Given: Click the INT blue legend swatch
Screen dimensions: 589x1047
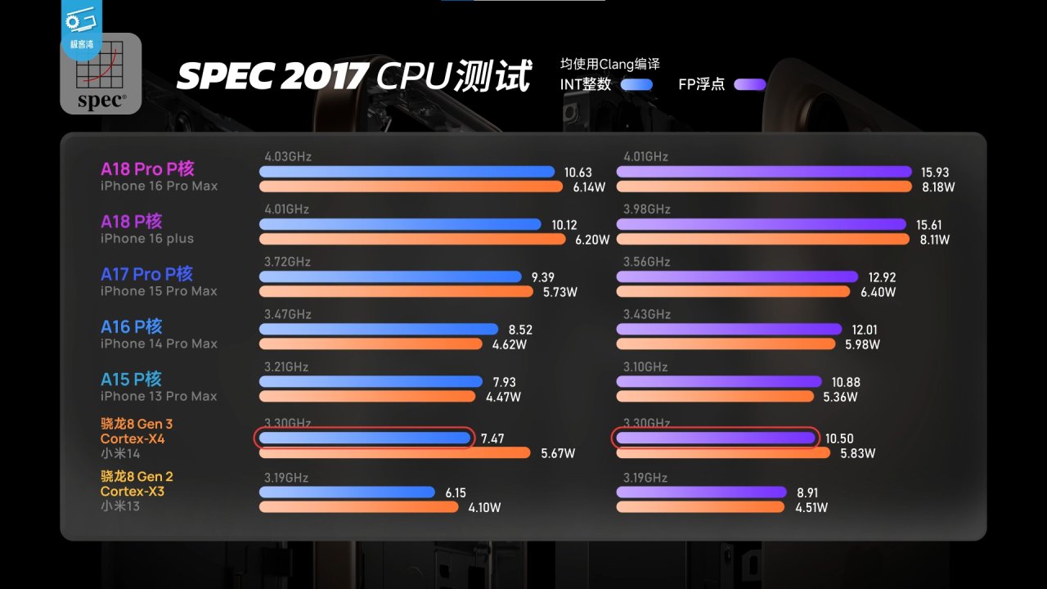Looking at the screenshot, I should tap(636, 84).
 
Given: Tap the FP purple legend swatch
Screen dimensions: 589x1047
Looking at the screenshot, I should tap(750, 84).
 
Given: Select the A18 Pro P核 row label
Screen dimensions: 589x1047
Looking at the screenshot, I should tap(147, 169).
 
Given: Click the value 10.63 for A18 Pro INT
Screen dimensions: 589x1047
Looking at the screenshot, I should tap(577, 173).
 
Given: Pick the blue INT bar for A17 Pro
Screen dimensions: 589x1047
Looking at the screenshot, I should tap(390, 277).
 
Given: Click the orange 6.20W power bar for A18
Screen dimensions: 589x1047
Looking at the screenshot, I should tap(412, 240).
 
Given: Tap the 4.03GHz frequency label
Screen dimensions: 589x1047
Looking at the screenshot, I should tap(288, 156).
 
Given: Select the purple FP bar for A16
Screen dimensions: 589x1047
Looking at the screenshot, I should tap(729, 329).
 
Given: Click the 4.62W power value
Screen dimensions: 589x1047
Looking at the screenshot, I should tap(506, 344).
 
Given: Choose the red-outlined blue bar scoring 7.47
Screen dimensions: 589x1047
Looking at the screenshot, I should tap(365, 438).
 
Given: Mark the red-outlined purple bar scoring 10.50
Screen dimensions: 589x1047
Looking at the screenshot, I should tap(716, 438).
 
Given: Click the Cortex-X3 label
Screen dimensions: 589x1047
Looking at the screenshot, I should tap(133, 491).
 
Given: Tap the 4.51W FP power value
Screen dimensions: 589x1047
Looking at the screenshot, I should tap(811, 507).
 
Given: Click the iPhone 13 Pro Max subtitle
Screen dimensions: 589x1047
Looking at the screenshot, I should tap(159, 396).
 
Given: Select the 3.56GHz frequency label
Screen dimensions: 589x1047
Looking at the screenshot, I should tap(646, 262).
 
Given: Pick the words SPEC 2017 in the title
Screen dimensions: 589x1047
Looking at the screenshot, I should tap(271, 76).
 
